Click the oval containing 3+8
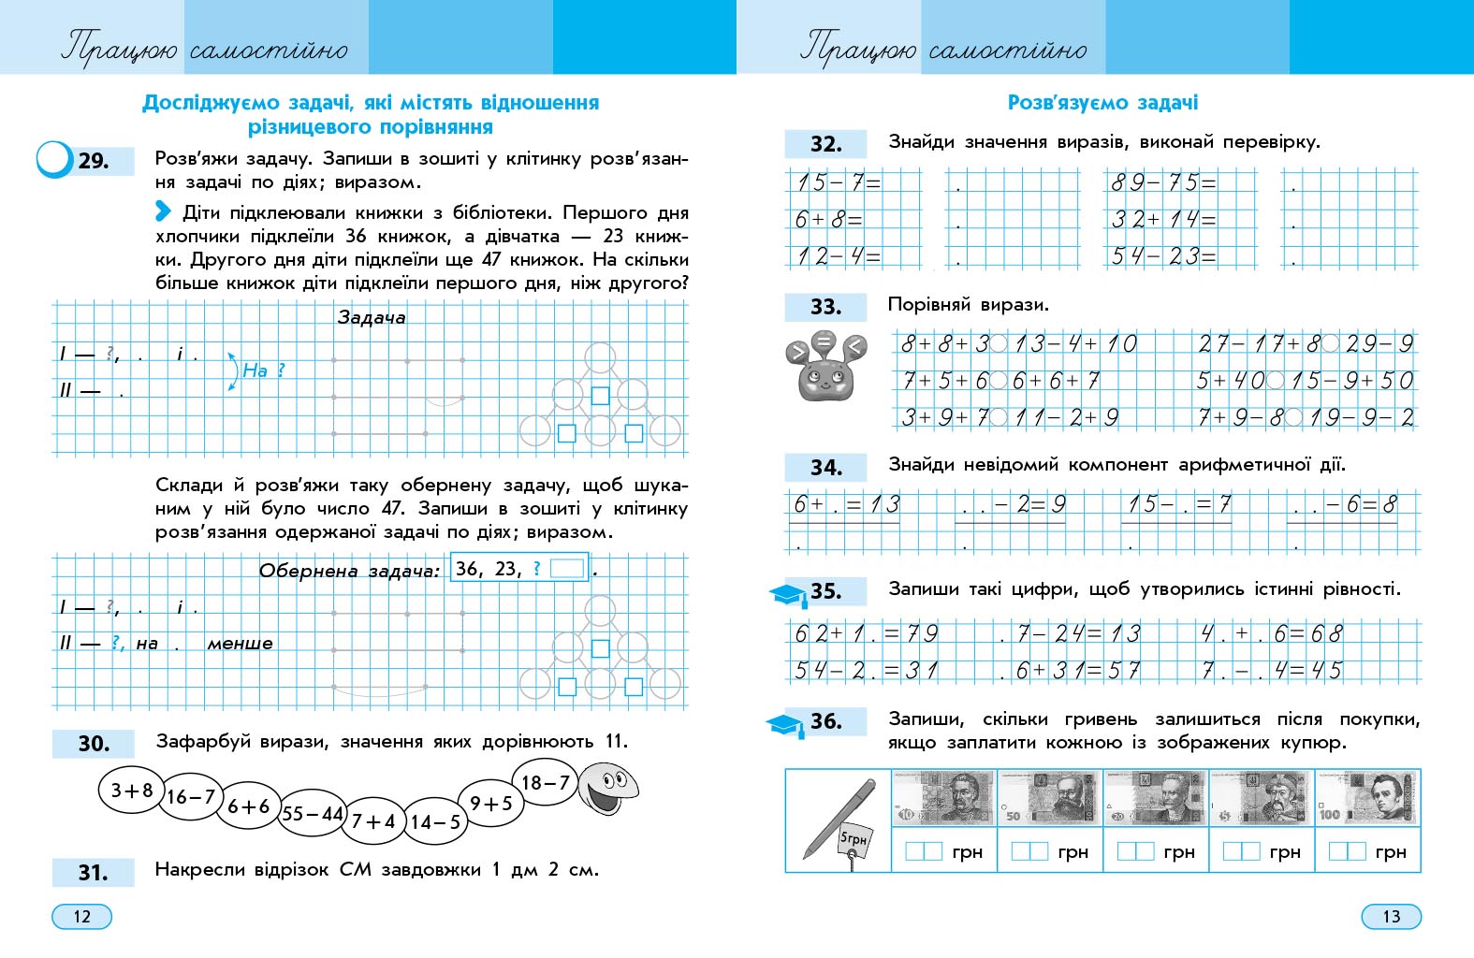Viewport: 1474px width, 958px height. click(132, 791)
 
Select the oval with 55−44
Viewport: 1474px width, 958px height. click(313, 814)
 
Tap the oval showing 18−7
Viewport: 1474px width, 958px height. click(545, 783)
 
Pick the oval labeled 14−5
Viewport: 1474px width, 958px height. click(435, 822)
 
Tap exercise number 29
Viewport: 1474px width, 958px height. click(94, 161)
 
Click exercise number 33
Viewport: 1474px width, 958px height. click(825, 307)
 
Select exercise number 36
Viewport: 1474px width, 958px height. click(825, 721)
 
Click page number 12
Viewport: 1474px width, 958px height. click(81, 916)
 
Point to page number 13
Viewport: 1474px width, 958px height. click(1391, 916)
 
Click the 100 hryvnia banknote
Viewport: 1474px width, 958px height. click(1367, 798)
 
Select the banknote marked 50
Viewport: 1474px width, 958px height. click(1050, 798)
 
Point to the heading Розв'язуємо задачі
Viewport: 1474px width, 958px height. click(1102, 103)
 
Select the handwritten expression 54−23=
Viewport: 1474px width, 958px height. click(1163, 255)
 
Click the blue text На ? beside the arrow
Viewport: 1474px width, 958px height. click(262, 370)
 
